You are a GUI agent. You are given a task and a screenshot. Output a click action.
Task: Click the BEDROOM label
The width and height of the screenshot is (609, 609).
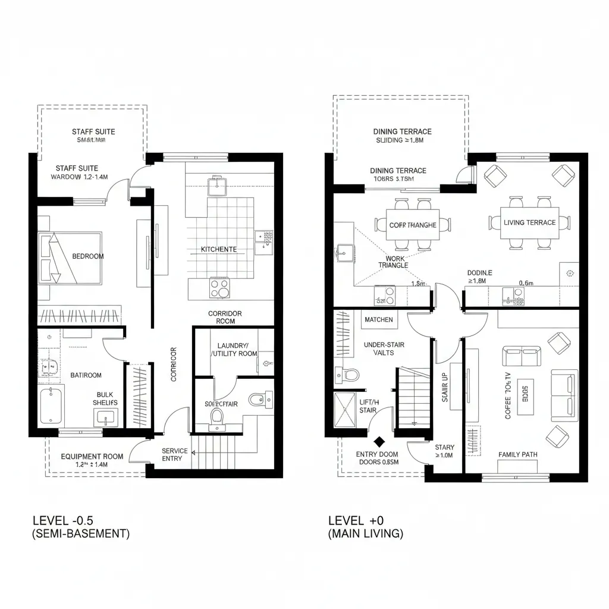(x=88, y=256)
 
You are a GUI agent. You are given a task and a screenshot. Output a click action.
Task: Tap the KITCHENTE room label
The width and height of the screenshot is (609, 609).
(x=219, y=250)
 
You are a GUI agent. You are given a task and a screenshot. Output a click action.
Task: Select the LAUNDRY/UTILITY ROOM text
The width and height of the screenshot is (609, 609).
(x=234, y=350)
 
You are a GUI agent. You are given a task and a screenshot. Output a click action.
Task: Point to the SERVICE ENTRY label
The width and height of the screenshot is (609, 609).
(x=175, y=455)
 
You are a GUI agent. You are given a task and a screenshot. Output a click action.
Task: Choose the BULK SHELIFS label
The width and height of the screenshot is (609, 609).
(x=105, y=398)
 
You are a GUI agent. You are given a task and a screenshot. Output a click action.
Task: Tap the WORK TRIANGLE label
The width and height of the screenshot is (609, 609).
(x=393, y=262)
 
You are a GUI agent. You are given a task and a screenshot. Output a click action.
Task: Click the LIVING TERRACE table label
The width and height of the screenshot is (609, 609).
(x=529, y=223)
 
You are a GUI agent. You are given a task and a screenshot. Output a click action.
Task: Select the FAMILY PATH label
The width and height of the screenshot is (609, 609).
(x=517, y=454)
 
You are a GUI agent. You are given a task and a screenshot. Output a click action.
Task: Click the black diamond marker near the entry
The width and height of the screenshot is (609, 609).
(x=379, y=442)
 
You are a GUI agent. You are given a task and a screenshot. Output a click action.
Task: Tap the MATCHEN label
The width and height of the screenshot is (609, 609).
(x=379, y=320)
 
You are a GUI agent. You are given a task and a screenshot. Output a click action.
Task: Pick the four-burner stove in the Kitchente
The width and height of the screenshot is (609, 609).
(x=219, y=288)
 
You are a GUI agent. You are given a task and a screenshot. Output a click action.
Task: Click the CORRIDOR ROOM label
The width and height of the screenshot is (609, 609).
(x=225, y=317)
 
